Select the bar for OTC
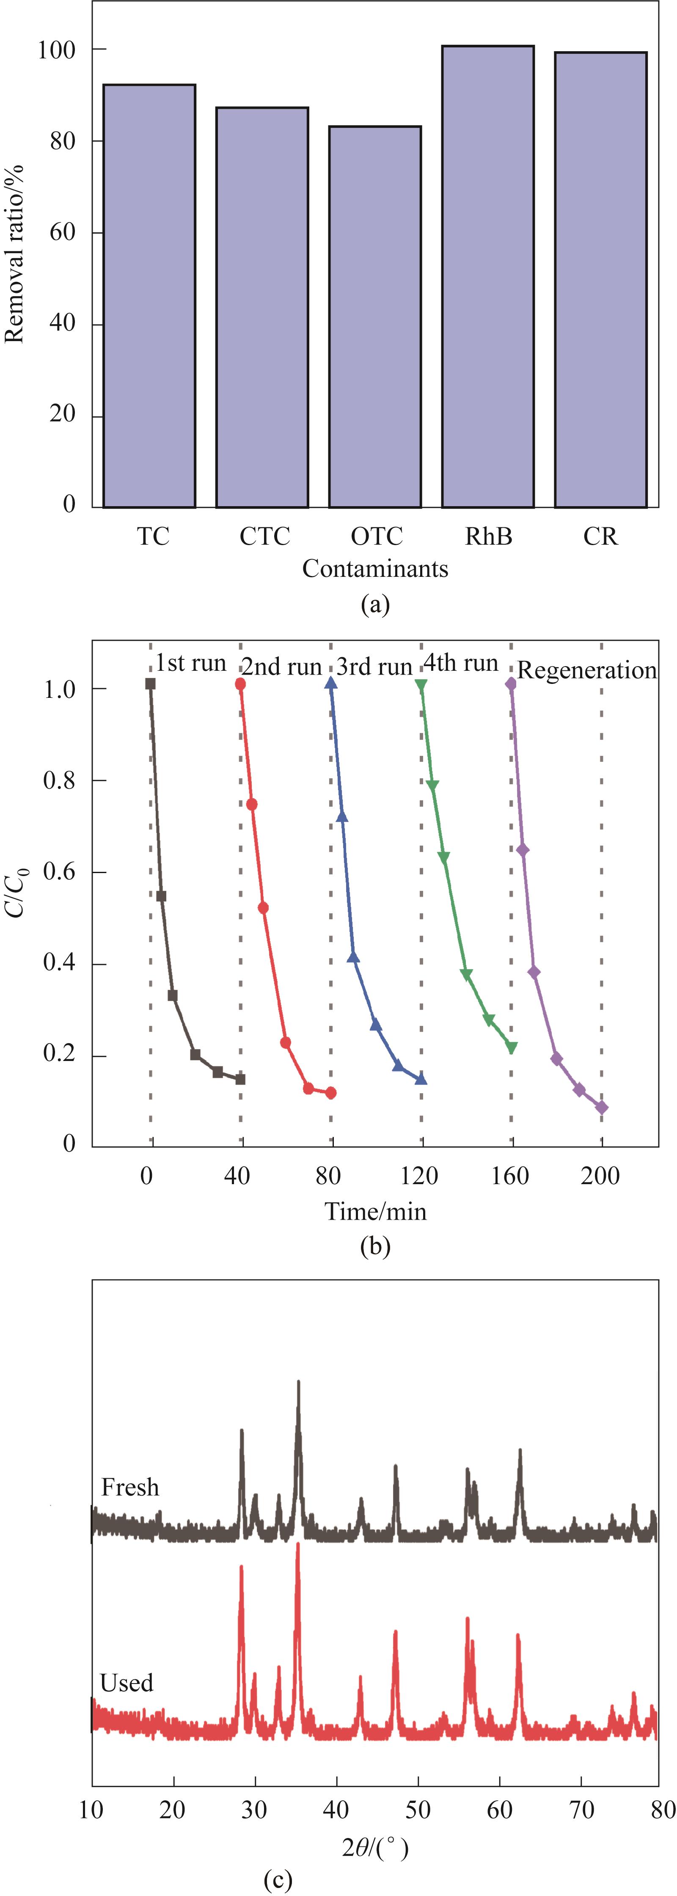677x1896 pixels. pyautogui.click(x=375, y=317)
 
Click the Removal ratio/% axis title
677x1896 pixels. pyautogui.click(x=15, y=254)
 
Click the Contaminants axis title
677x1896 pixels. pyautogui.click(x=375, y=568)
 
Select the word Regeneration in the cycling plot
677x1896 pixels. pyautogui.click(x=586, y=670)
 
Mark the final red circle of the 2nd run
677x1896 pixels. pyautogui.click(x=331, y=1093)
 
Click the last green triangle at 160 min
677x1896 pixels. pyautogui.click(x=512, y=1047)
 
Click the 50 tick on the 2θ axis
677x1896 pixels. pyautogui.click(x=418, y=1810)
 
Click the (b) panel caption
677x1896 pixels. pyautogui.click(x=375, y=1247)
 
